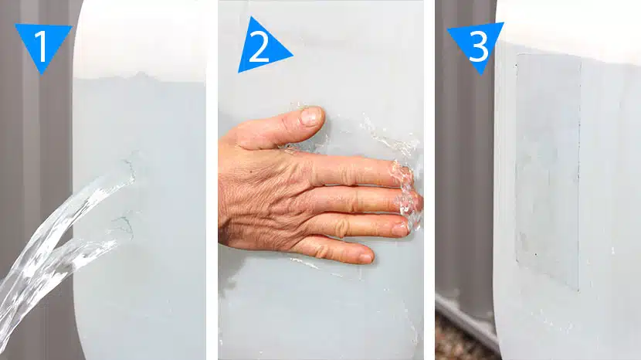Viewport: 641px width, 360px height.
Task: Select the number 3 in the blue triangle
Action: click(x=478, y=46)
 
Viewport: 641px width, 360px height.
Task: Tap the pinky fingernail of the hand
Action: click(x=365, y=258)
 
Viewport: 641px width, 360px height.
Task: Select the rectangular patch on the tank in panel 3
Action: click(x=548, y=172)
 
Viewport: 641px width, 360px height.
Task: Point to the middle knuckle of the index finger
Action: click(x=348, y=171)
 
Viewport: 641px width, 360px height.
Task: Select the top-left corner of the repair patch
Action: click(x=516, y=54)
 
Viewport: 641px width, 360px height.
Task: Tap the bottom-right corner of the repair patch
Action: click(x=578, y=290)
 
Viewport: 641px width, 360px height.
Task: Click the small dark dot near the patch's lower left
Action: click(x=536, y=254)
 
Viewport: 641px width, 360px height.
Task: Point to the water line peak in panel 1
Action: click(x=141, y=74)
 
